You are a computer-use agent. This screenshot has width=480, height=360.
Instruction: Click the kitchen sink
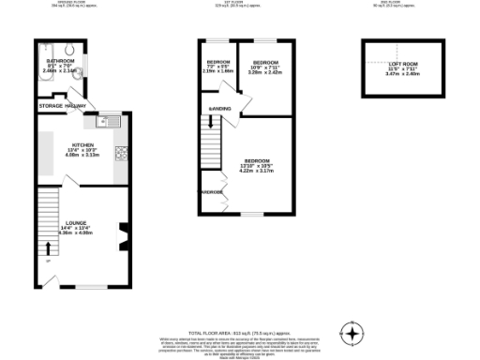click(109, 120)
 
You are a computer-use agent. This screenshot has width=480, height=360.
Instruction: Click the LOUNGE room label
click(76, 223)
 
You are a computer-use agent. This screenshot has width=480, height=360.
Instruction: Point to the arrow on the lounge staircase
click(48, 248)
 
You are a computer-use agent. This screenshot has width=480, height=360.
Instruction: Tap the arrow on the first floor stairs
click(209, 122)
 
